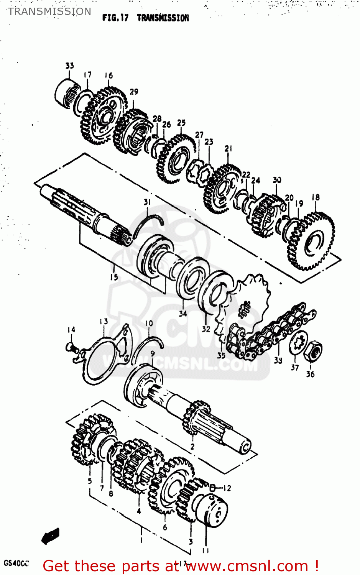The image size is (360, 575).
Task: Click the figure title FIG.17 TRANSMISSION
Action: (x=146, y=18)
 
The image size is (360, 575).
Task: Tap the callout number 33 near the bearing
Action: (x=69, y=66)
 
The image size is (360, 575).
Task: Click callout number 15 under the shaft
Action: (x=114, y=277)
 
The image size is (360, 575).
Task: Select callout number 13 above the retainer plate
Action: (x=104, y=322)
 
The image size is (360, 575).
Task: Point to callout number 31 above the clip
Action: (x=147, y=202)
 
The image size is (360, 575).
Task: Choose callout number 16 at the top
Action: (x=109, y=76)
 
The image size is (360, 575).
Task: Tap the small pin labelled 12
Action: (x=212, y=488)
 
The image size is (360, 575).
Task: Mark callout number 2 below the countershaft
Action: (x=192, y=447)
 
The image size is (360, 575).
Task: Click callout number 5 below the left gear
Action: (x=90, y=481)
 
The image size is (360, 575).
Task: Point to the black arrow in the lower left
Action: (x=51, y=536)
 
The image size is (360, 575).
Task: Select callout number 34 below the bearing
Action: (x=183, y=314)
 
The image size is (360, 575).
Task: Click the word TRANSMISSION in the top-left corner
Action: (x=49, y=11)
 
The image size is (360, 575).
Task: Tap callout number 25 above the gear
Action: (x=181, y=123)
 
